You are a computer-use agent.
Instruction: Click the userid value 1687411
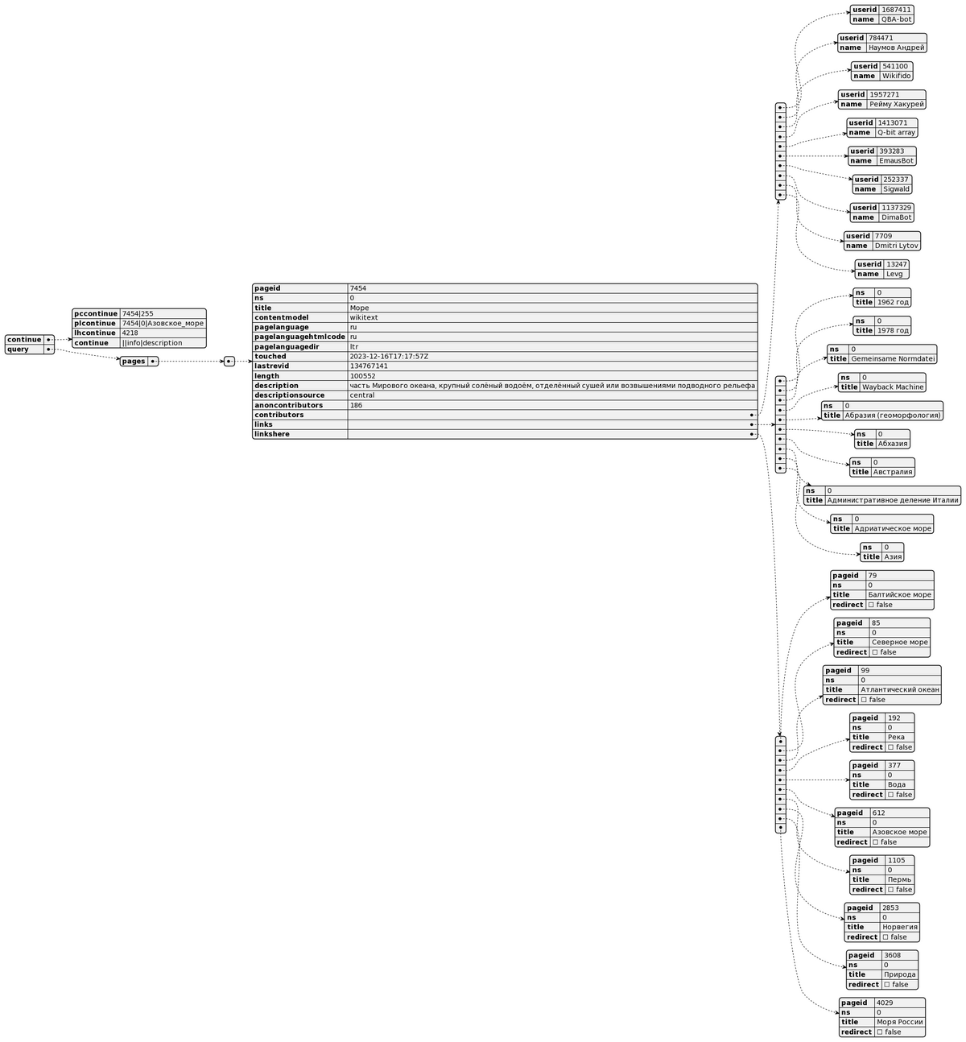point(896,10)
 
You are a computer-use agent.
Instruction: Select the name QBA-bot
point(896,19)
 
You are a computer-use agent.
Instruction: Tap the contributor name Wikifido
point(896,76)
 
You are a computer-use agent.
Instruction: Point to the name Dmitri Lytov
point(896,246)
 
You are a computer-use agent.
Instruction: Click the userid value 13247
point(896,264)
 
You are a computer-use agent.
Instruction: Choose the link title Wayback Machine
point(893,387)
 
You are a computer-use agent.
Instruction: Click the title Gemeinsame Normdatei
point(893,358)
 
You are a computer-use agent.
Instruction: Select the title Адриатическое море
point(893,528)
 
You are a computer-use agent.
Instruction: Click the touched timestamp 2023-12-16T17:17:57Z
point(389,356)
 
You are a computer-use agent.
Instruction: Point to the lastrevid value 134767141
point(369,366)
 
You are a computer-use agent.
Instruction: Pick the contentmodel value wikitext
point(364,317)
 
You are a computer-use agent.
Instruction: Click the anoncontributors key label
point(289,405)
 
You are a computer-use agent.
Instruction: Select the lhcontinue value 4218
point(130,333)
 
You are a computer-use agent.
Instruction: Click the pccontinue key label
point(95,313)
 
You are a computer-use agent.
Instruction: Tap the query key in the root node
point(18,349)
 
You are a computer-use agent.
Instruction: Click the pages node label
point(134,362)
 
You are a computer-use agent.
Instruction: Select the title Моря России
point(899,1022)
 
